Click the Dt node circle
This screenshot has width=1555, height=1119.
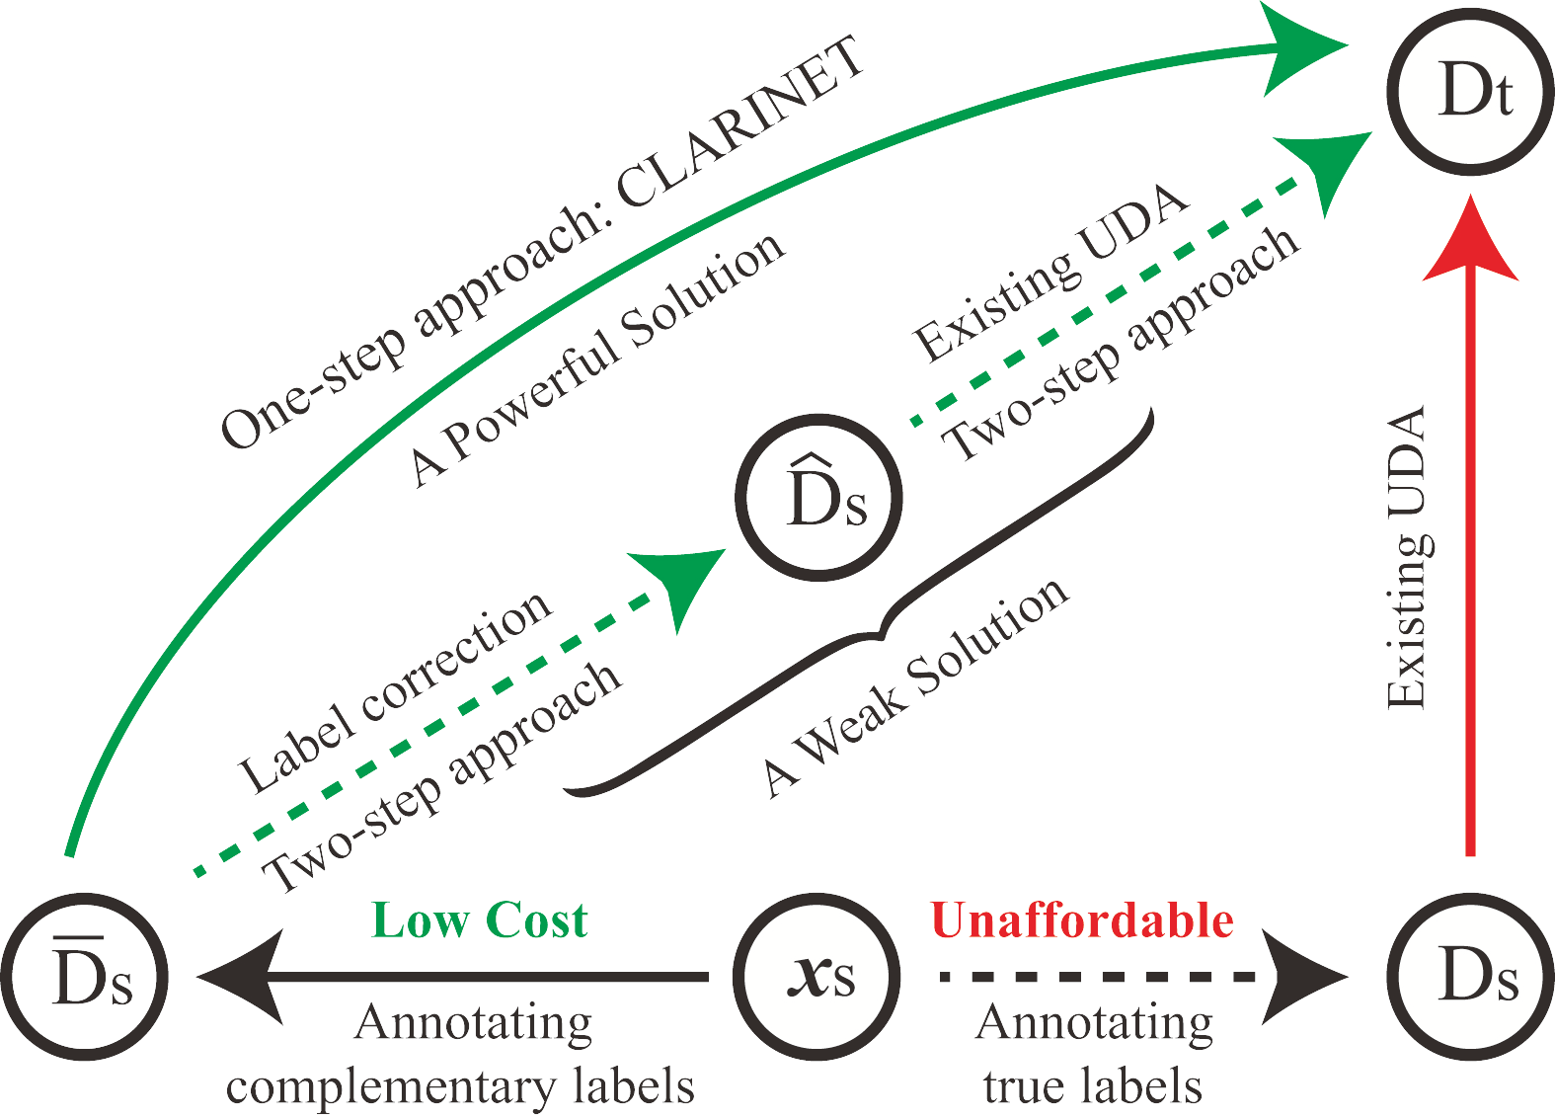pyautogui.click(x=1470, y=91)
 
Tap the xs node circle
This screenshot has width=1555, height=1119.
pyautogui.click(x=818, y=976)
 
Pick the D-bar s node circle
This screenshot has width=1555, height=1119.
pyautogui.click(x=86, y=976)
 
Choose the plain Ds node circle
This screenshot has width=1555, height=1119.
pyautogui.click(x=1470, y=976)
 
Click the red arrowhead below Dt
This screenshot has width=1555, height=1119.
pyautogui.click(x=1470, y=242)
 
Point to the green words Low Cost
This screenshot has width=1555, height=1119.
pyautogui.click(x=480, y=920)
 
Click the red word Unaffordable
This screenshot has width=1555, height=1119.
pyautogui.click(x=1082, y=920)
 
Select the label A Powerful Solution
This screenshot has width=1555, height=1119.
pyautogui.click(x=598, y=360)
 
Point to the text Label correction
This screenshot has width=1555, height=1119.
pyautogui.click(x=395, y=691)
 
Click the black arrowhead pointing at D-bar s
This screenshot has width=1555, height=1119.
pyautogui.click(x=242, y=976)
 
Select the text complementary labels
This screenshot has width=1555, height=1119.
pyautogui.click(x=460, y=1086)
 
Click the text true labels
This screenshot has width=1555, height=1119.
pyautogui.click(x=1093, y=1086)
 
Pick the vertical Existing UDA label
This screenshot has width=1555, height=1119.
pyautogui.click(x=1407, y=557)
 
